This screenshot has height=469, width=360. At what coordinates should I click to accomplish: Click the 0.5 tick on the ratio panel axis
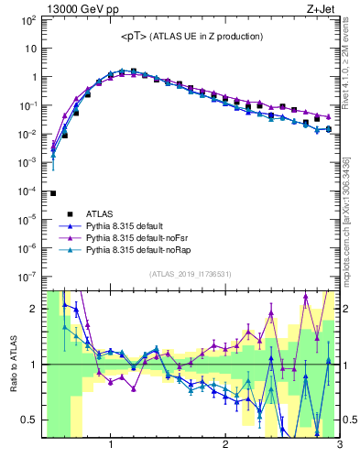[30, 420]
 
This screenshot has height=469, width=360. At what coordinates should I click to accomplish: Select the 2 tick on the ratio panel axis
[34, 309]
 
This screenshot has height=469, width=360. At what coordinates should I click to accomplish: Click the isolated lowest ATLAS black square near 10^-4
[53, 193]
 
